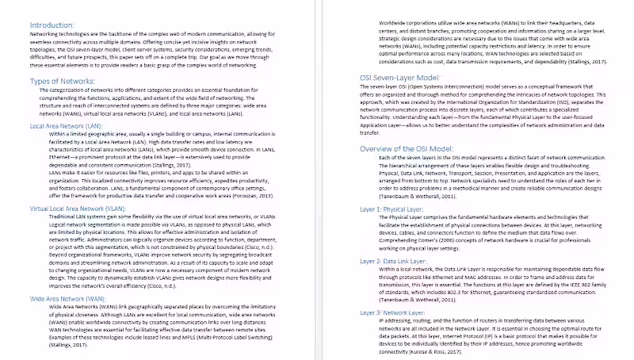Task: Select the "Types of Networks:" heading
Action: (63, 82)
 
